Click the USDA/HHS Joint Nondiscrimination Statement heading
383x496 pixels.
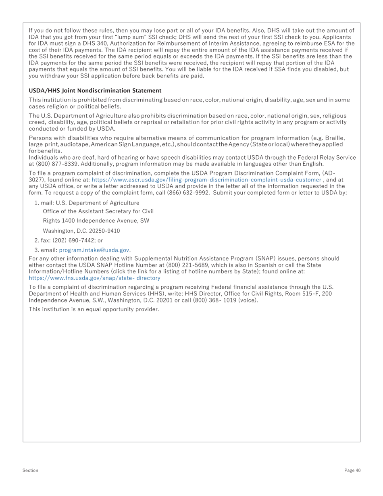pos(95,91)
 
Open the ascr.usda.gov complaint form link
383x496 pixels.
pos(206,179)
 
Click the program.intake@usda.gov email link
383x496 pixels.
pos(94,250)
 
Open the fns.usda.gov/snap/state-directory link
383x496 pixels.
pos(94,278)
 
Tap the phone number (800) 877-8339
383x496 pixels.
pos(54,164)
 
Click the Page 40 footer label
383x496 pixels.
pos(352,470)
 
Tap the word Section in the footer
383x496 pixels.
pos(30,470)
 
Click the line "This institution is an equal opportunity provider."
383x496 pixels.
pos(94,309)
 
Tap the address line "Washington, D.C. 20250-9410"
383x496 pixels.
pos(81,231)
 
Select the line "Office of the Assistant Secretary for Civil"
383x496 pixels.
pos(98,211)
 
